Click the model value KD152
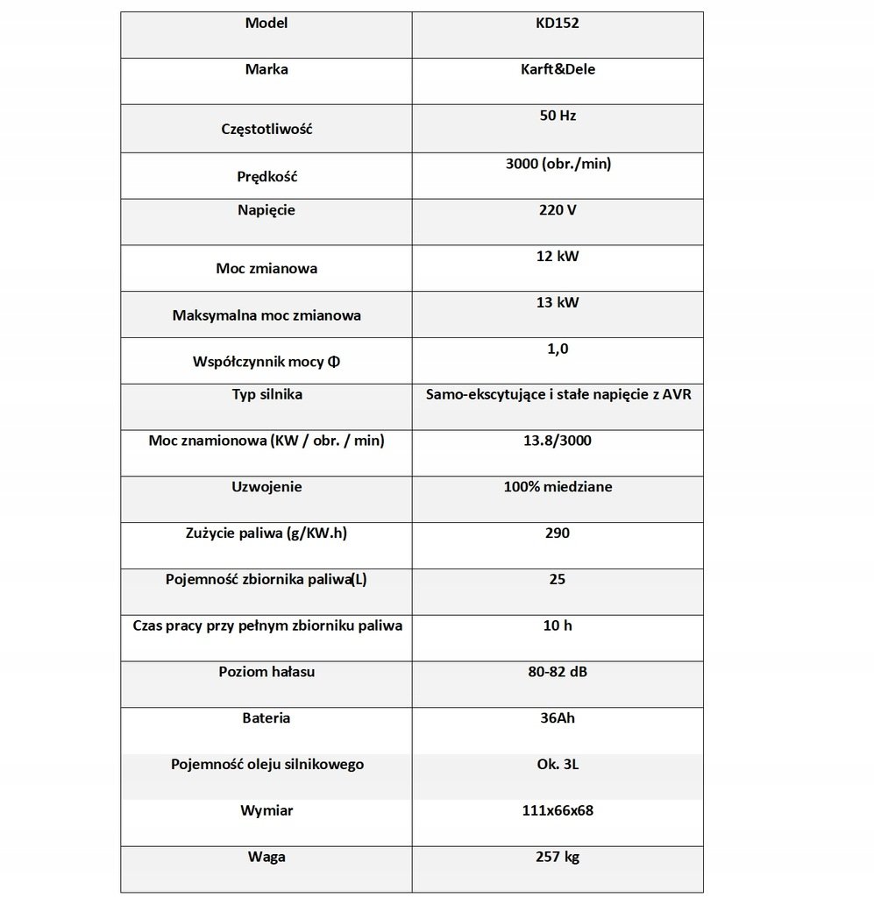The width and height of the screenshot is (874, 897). pyautogui.click(x=558, y=24)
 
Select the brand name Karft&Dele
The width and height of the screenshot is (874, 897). pyautogui.click(x=558, y=69)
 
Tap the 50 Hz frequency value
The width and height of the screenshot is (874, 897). pyautogui.click(x=558, y=116)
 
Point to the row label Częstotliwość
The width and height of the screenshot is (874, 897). pyautogui.click(x=267, y=130)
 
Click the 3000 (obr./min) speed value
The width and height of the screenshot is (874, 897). pyautogui.click(x=558, y=163)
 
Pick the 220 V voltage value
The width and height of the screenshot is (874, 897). pyautogui.click(x=558, y=210)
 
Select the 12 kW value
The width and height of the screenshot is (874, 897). pyautogui.click(x=558, y=257)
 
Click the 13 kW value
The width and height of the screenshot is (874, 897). pyautogui.click(x=558, y=302)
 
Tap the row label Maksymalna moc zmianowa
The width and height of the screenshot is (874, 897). pyautogui.click(x=267, y=315)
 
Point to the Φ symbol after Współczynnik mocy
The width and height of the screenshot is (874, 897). pyautogui.click(x=335, y=362)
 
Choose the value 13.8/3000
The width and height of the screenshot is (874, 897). pyautogui.click(x=558, y=441)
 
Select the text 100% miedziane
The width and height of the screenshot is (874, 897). pyautogui.click(x=558, y=487)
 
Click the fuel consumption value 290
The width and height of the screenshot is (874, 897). pyautogui.click(x=558, y=533)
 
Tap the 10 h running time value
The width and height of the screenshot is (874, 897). pyautogui.click(x=558, y=626)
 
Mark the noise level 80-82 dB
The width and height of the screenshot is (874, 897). pyautogui.click(x=558, y=673)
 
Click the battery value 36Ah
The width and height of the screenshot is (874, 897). pyautogui.click(x=558, y=718)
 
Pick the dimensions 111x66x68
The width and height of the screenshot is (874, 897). pyautogui.click(x=558, y=811)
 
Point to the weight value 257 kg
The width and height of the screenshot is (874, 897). pyautogui.click(x=558, y=857)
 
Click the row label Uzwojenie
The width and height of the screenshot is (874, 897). pyautogui.click(x=267, y=487)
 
